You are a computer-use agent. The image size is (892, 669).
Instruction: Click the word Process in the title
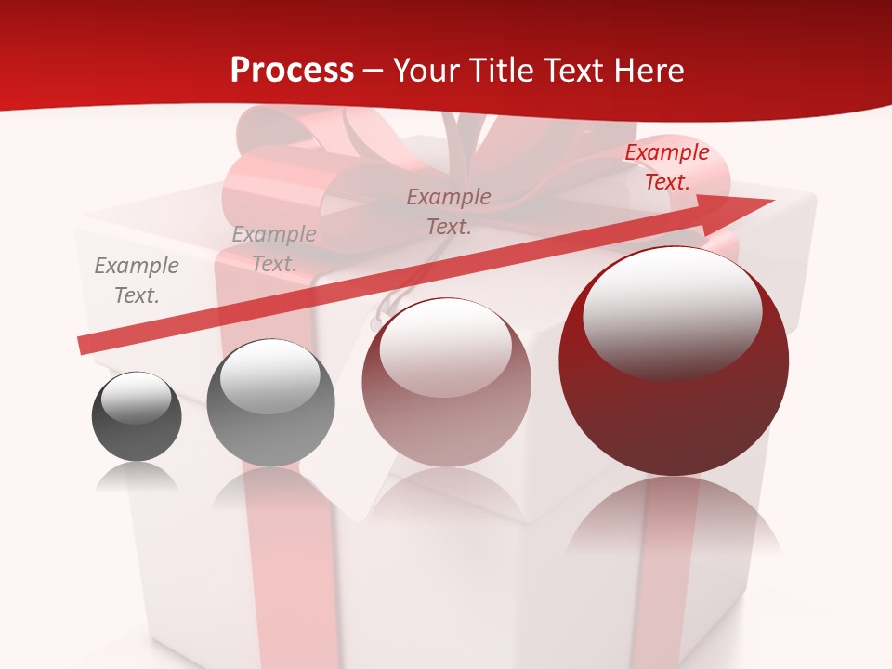click(x=292, y=71)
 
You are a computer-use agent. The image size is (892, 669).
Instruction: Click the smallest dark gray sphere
click(x=137, y=417)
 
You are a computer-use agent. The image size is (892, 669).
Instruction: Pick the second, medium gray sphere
click(x=270, y=403)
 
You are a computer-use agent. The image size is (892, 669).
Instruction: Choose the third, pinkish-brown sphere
click(x=446, y=383)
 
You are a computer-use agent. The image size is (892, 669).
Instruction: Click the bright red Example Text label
click(x=666, y=167)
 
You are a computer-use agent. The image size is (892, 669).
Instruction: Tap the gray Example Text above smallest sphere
click(x=136, y=281)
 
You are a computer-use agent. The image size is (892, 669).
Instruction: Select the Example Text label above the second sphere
click(x=273, y=249)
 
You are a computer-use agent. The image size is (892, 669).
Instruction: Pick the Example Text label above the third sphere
click(x=449, y=212)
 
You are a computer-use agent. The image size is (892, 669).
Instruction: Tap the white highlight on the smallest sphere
click(x=136, y=398)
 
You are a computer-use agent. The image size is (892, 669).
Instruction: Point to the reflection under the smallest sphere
click(x=137, y=478)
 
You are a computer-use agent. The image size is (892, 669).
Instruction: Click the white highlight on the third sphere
click(x=445, y=347)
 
